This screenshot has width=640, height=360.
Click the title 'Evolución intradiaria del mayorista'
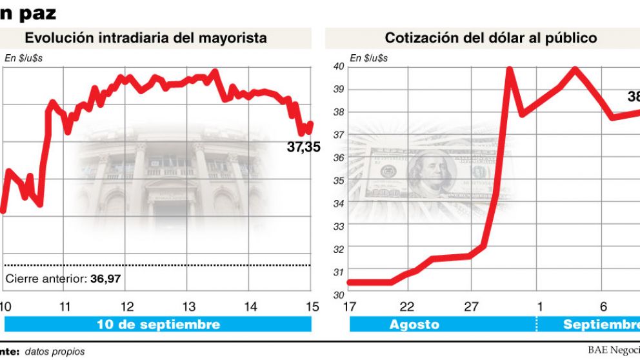pos(146,38)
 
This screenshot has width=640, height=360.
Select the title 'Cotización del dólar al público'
pos(490,38)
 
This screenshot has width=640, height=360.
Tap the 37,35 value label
pos(303,148)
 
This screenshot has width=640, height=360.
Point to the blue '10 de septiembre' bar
pos(158,325)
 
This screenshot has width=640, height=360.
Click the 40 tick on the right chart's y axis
pos(338,66)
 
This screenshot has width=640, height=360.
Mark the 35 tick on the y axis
pos(338,181)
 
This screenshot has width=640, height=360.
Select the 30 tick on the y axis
pos(338,295)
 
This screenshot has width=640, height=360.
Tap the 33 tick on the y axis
pos(338,226)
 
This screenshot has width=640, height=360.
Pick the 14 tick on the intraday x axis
pos(251,306)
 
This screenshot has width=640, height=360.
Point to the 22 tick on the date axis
pos(407,306)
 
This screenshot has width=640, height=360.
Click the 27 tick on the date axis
pos(472,306)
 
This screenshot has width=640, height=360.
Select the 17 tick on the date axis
pos(350,306)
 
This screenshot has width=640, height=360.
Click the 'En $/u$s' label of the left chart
pos(25,58)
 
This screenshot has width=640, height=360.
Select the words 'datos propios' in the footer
pos(54,352)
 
